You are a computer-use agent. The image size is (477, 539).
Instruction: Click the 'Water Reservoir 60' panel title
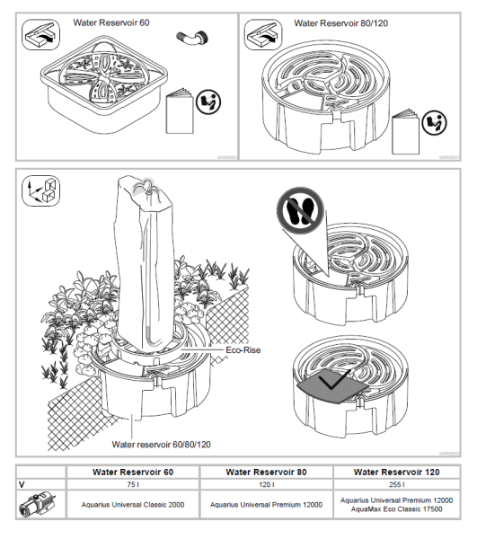click(x=111, y=22)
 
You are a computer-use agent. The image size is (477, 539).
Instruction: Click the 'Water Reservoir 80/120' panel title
click(x=341, y=23)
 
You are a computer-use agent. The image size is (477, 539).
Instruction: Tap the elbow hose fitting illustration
click(x=192, y=37)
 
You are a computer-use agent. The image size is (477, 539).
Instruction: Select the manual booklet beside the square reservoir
click(x=180, y=111)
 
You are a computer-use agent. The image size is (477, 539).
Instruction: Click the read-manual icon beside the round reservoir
click(x=434, y=123)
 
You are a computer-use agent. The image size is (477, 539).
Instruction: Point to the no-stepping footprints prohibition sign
click(x=300, y=210)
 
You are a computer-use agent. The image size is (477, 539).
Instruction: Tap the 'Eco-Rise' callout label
click(x=243, y=350)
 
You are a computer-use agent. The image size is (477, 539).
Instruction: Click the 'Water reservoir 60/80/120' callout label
click(x=161, y=445)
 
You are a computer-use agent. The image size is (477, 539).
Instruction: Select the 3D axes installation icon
click(x=40, y=190)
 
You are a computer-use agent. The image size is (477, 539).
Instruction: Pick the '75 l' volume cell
click(x=133, y=484)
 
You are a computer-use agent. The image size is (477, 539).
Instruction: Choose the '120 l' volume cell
click(x=266, y=484)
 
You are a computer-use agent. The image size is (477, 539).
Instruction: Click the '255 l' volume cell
click(x=396, y=484)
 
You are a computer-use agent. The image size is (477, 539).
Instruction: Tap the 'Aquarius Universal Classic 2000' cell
click(x=133, y=505)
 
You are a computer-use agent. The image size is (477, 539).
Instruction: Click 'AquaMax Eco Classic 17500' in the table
click(x=396, y=509)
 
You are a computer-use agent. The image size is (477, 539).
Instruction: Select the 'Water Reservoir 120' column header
click(x=396, y=472)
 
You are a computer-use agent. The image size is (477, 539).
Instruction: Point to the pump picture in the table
click(x=38, y=504)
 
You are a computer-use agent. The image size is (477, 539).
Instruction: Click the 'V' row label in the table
click(x=22, y=485)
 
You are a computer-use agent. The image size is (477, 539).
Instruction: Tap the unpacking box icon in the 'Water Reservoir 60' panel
click(x=40, y=35)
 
